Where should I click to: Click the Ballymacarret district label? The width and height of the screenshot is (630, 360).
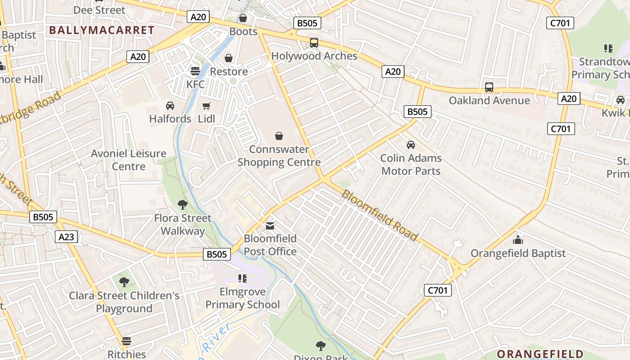pos(102,30)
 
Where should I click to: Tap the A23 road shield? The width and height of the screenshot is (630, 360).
pos(66,237)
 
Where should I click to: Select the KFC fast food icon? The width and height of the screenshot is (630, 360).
pos(195,71)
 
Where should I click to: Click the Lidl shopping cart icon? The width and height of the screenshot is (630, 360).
pos(207,106)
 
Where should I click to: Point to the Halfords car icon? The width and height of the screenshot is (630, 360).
pos(170,106)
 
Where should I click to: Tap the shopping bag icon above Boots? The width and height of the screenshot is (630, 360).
pos(243,18)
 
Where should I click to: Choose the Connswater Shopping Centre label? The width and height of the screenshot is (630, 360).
pos(279,156)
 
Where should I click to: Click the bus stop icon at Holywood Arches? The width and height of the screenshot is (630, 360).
pos(314,43)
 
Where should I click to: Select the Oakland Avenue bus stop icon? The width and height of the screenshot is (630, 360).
pos(489,87)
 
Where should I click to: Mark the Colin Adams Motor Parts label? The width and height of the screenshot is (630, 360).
pos(411,165)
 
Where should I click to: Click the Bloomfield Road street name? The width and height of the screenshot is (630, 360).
pos(379,215)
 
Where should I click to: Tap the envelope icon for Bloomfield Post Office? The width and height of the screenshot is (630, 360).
pos(270,225)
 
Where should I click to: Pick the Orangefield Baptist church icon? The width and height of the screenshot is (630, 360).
pos(518,240)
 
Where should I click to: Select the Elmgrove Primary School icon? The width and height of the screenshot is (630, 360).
pos(243,279)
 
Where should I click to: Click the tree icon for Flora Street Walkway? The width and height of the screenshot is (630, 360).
pos(183,205)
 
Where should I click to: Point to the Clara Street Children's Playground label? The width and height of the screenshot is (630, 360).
pos(124,302)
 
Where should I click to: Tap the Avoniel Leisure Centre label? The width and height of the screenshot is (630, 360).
pos(129,160)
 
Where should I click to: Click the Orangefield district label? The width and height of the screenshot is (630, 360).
pos(540,354)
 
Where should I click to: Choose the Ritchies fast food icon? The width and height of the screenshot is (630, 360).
pos(126,341)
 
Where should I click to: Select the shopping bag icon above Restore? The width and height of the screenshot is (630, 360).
pos(229,58)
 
